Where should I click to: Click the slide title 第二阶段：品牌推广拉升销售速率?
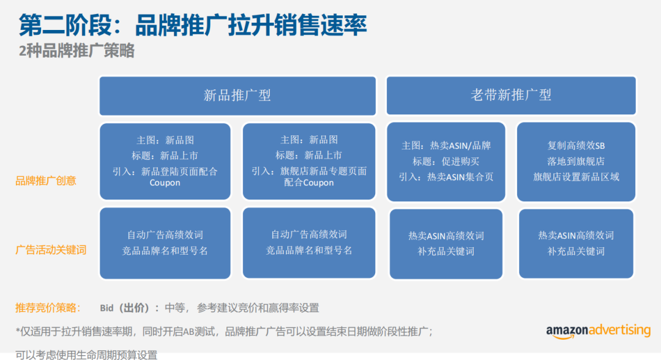coord(193,25)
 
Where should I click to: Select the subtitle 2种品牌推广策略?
coord(77,51)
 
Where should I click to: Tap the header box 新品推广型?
coord(237,96)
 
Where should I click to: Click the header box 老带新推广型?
coord(511,96)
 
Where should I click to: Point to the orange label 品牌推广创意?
coord(45,181)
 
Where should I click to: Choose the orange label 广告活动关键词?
coord(51,250)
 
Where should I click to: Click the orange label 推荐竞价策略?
coord(48,308)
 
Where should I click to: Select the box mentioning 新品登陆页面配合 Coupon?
coord(165,161)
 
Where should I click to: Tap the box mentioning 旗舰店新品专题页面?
coord(309,161)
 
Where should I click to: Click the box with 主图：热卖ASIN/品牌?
coord(446,162)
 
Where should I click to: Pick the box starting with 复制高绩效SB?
coord(576,162)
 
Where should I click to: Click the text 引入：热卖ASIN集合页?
coord(446,177)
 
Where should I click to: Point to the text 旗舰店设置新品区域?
coord(576,177)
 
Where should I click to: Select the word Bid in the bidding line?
coord(106,308)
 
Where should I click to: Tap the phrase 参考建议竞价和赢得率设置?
coord(258,308)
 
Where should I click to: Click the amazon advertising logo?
coord(598,331)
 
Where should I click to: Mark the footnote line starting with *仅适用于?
coord(224,332)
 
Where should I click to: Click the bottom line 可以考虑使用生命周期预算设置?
coord(86,355)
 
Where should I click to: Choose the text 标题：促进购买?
coord(446,162)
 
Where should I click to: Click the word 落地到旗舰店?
coord(576,162)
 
